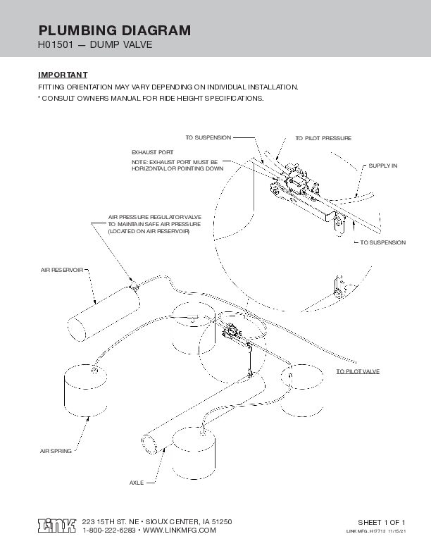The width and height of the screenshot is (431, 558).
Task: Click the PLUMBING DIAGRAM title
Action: click(x=113, y=30)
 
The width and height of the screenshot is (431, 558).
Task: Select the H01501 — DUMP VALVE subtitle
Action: click(x=94, y=46)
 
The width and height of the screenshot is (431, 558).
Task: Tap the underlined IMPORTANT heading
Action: click(x=62, y=74)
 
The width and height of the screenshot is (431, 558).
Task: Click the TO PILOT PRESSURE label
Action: click(x=323, y=138)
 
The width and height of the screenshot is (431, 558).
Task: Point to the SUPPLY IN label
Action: click(x=383, y=165)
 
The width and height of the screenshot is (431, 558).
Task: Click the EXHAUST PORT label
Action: click(x=153, y=152)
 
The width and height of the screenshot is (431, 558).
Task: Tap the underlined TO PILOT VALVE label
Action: click(x=357, y=371)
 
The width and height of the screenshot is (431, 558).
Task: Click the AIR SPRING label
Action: click(x=55, y=449)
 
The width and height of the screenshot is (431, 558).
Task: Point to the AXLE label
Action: click(x=137, y=483)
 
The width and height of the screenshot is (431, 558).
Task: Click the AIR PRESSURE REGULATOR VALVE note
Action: click(x=155, y=224)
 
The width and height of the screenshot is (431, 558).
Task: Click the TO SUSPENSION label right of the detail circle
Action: click(x=382, y=242)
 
